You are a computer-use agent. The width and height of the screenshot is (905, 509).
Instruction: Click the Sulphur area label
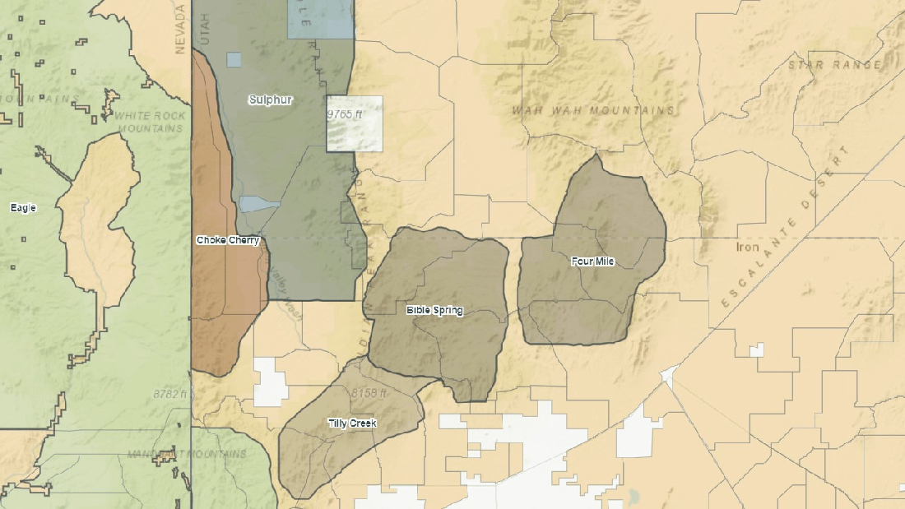coord(271,99)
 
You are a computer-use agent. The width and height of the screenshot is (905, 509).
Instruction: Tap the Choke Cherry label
coord(228,240)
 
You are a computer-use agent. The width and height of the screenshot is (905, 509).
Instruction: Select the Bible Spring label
coord(434,310)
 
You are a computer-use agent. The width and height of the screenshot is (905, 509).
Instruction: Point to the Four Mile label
coord(592,261)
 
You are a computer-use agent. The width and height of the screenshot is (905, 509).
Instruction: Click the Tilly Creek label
coord(352,423)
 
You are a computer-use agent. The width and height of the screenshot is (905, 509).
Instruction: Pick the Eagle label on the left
coord(23,208)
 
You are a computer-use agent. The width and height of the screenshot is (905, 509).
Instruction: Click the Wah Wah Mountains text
coord(593,110)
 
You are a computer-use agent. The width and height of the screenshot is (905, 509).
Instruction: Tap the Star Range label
coord(834,65)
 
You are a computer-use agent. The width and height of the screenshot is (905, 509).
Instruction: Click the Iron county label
coord(748,247)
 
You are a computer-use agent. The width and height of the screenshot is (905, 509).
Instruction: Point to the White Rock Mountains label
coord(150,122)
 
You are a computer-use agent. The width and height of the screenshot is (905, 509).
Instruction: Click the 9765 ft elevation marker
coord(345,114)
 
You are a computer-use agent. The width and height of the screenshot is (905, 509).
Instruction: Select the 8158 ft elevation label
coord(369,393)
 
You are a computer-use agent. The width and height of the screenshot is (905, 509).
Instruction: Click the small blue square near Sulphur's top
coord(234,59)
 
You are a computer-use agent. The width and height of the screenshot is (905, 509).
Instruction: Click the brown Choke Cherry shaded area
coord(222,312)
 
